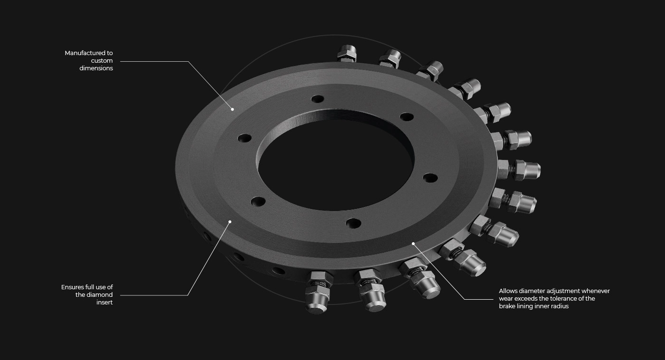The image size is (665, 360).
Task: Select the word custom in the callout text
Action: pos(102,60)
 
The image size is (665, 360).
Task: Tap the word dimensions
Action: pos(96,68)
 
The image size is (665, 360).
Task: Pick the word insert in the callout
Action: pos(104,303)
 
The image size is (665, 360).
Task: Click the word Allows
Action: pos(508,291)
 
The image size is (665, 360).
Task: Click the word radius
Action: pos(560,306)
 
